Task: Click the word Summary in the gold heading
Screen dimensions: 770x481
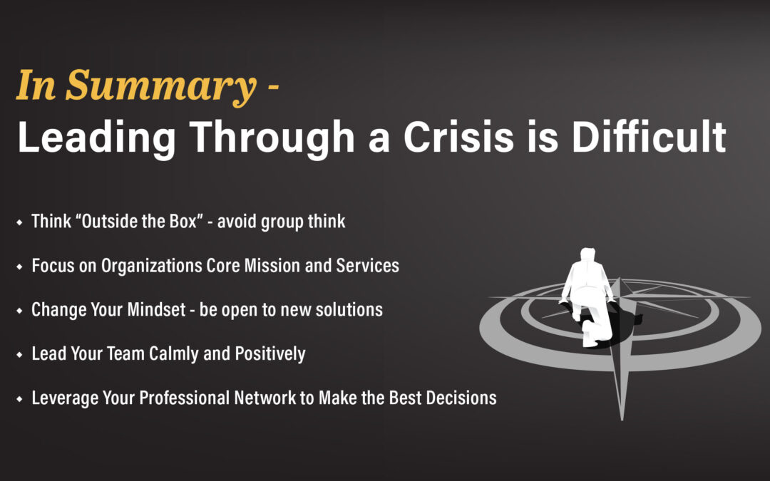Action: pyautogui.click(x=160, y=87)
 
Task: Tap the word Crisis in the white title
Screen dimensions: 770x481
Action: pyautogui.click(x=458, y=137)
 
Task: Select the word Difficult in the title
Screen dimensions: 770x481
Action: pyautogui.click(x=649, y=136)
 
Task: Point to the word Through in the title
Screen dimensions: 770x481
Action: pyautogui.click(x=272, y=139)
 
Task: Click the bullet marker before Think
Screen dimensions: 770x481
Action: pyautogui.click(x=20, y=222)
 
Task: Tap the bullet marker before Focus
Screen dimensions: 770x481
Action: pyautogui.click(x=20, y=267)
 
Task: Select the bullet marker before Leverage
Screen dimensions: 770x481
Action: pyautogui.click(x=20, y=399)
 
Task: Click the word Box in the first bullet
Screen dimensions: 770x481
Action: pyautogui.click(x=183, y=222)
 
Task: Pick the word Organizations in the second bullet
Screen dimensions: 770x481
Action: pyautogui.click(x=151, y=266)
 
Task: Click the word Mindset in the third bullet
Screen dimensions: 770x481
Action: pyautogui.click(x=157, y=310)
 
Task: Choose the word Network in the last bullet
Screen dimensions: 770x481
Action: pyautogui.click(x=265, y=398)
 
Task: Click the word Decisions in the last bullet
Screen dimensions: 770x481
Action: pyautogui.click(x=461, y=398)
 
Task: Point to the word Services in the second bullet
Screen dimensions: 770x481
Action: pyautogui.click(x=367, y=266)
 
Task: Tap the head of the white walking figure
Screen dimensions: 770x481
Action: pyautogui.click(x=587, y=254)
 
